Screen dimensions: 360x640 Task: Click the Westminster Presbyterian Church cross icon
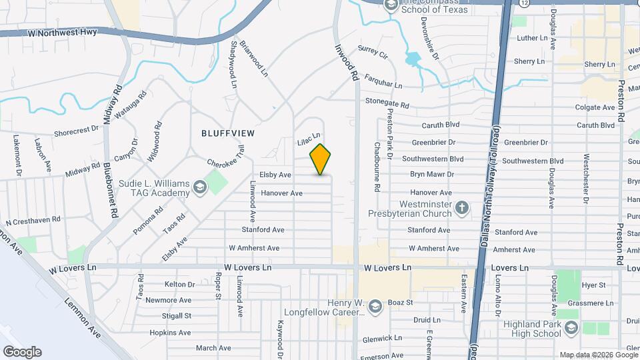tap(461, 209)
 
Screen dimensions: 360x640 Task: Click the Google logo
tap(22, 352)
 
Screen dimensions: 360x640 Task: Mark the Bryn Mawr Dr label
tap(431, 174)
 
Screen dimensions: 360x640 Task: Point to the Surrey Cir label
tap(373, 51)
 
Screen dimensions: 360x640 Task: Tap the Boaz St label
tap(401, 302)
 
